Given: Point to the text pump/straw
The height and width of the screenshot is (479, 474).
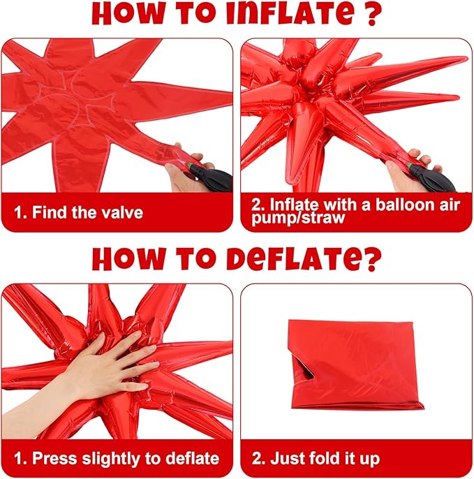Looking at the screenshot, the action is pyautogui.click(x=298, y=219).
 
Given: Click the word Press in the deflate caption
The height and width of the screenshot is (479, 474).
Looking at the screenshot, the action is pyautogui.click(x=54, y=458).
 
